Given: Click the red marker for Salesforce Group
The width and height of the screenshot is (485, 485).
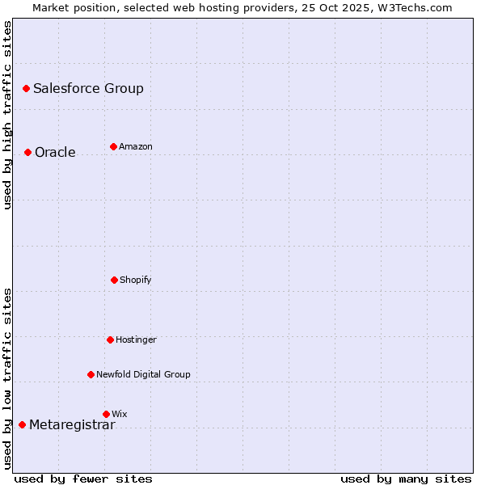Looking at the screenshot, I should [x=26, y=88].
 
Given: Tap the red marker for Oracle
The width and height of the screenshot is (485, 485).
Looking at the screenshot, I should [x=27, y=152].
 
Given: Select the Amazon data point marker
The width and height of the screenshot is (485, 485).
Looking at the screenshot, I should [x=113, y=146].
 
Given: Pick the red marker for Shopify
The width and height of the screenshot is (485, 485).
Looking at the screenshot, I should [x=114, y=280].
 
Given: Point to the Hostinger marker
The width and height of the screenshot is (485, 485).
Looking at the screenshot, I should [x=110, y=339].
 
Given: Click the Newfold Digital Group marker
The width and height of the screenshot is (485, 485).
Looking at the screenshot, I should [x=91, y=374].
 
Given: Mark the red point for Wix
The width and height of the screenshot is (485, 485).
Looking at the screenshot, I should [x=106, y=414].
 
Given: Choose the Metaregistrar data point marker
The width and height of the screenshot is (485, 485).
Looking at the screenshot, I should [x=22, y=424].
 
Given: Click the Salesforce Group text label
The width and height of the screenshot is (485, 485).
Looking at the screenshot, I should [x=88, y=88].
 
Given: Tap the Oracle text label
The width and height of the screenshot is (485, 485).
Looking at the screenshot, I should [x=55, y=152].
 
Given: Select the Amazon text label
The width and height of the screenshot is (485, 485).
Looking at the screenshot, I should [x=136, y=146].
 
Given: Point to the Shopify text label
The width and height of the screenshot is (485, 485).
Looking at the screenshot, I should [x=136, y=280].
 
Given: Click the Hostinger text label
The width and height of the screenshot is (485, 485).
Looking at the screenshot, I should [x=136, y=339].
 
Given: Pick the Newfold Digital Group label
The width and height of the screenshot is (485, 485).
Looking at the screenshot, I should [x=143, y=374].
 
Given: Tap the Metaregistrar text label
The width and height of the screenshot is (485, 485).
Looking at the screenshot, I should [x=72, y=425].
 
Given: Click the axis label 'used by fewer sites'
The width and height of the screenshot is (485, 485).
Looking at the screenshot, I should [x=83, y=479].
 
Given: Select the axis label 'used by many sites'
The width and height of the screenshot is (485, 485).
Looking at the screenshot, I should [x=406, y=479].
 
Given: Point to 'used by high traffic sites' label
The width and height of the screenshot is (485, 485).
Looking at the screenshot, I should [x=7, y=115].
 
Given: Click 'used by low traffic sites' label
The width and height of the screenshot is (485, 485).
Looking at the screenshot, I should [x=7, y=377].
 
